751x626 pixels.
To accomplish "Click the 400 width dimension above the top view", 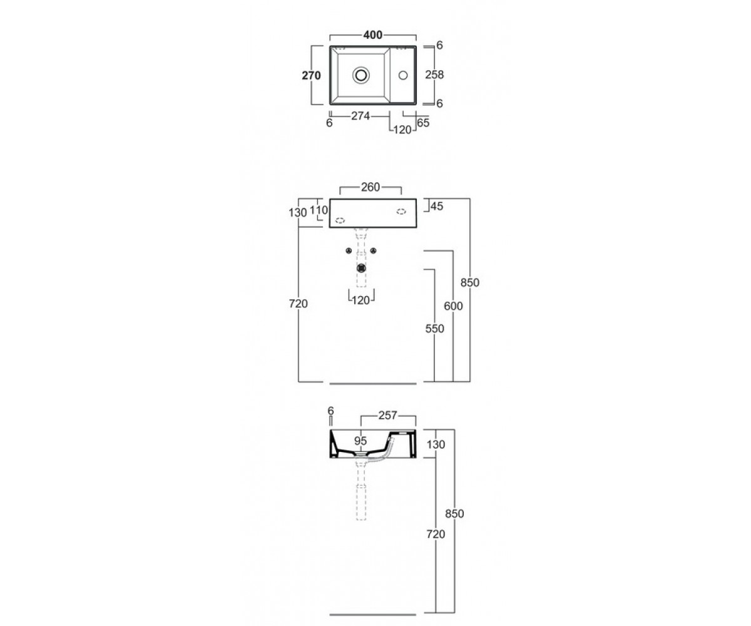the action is pyautogui.click(x=372, y=35).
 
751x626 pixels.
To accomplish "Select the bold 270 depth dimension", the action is pyautogui.click(x=311, y=76).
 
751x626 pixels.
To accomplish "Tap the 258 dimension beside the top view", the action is pyautogui.click(x=434, y=75).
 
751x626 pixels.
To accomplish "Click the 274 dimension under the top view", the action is pyautogui.click(x=360, y=116).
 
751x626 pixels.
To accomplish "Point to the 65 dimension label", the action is pyautogui.click(x=423, y=123).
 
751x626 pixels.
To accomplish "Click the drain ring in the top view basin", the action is pyautogui.click(x=360, y=75).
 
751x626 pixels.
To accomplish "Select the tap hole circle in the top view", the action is pyautogui.click(x=403, y=75).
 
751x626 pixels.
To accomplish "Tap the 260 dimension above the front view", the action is pyautogui.click(x=370, y=187).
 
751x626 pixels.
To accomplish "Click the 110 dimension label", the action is pyautogui.click(x=319, y=210).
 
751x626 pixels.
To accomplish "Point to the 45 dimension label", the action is pyautogui.click(x=437, y=207).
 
